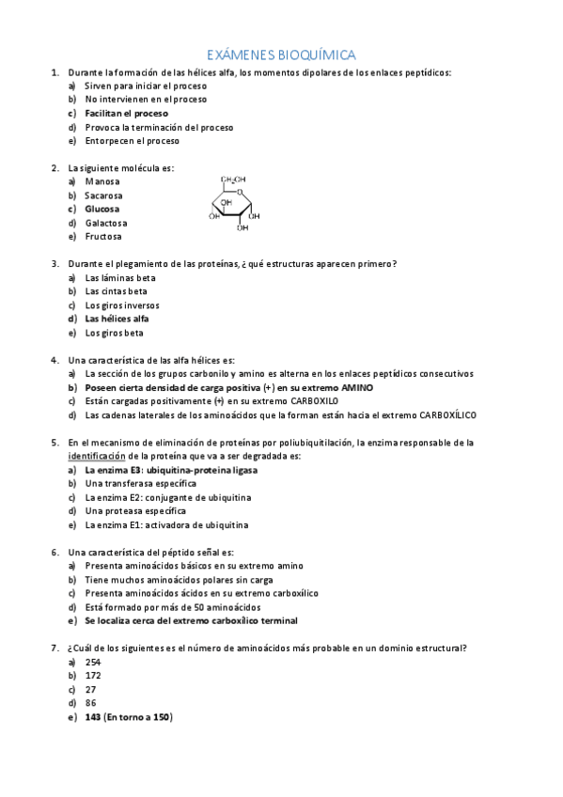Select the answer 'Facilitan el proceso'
[x=126, y=113]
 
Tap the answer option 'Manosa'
[x=102, y=181]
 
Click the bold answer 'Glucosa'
[x=102, y=209]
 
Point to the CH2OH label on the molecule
[x=233, y=179]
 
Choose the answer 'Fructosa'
[x=103, y=237]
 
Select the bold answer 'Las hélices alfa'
[x=117, y=319]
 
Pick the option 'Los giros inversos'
[x=122, y=305]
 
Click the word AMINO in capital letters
[x=356, y=387]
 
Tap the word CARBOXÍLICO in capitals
[x=442, y=414]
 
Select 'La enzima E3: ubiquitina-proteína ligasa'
[x=171, y=469]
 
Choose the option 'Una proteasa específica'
[x=133, y=510]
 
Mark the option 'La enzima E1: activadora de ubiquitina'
[x=167, y=524]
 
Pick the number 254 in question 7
[x=92, y=662]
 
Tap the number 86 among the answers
[x=90, y=703]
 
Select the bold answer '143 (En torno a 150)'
[x=129, y=717]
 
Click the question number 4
[x=55, y=360]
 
